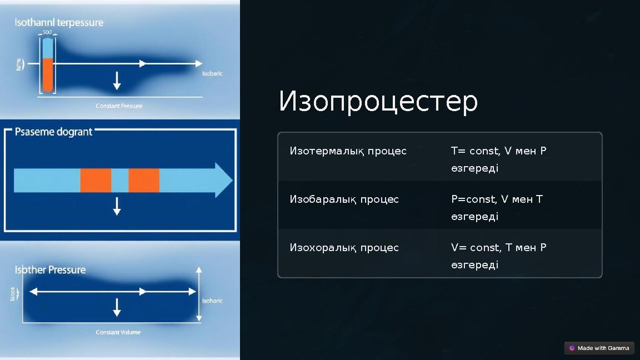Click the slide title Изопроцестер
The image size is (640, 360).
point(378,102)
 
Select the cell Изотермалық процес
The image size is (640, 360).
point(348,151)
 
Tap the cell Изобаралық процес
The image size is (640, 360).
point(344,199)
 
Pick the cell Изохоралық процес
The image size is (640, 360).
point(344,248)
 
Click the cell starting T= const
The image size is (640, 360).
point(498,159)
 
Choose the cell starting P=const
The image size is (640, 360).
point(496,207)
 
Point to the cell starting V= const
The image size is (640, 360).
point(498,256)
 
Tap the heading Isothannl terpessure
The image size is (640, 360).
point(59,23)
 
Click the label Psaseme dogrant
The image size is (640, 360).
point(53,132)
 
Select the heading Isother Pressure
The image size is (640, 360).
point(50,270)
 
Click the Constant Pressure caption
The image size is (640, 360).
point(119,106)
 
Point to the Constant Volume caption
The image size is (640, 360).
point(118,332)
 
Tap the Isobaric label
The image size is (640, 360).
point(212,73)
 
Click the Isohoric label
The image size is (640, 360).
point(212,301)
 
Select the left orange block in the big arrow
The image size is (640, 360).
point(96,181)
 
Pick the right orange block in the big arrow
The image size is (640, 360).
point(144,181)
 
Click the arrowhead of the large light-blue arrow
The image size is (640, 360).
point(223,181)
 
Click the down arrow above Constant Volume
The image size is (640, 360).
point(117,307)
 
